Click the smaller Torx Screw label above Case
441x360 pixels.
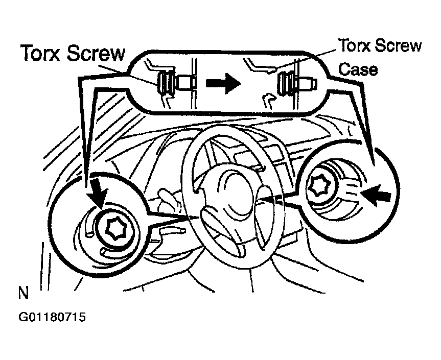(x=379, y=46)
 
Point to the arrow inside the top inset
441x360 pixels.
(x=224, y=81)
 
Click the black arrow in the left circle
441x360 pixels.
(x=101, y=193)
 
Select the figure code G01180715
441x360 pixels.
(x=52, y=317)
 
